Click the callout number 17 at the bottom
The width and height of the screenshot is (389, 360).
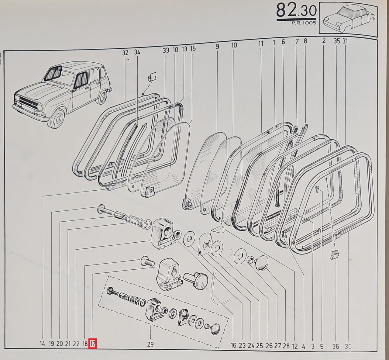pyautogui.click(x=92, y=344)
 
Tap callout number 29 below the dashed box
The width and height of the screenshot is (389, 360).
pyautogui.click(x=150, y=344)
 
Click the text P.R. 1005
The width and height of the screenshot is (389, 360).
pyautogui.click(x=304, y=23)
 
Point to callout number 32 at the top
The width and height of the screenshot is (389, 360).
pyautogui.click(x=125, y=53)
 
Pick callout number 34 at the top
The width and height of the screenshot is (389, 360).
pyautogui.click(x=137, y=52)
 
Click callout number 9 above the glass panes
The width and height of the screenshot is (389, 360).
pyautogui.click(x=217, y=47)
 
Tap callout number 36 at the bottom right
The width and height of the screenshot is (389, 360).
pyautogui.click(x=336, y=347)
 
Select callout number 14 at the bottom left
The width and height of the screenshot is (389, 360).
pyautogui.click(x=42, y=344)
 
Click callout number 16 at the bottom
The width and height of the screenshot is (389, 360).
pyautogui.click(x=234, y=345)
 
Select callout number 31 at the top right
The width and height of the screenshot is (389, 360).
pyautogui.click(x=345, y=41)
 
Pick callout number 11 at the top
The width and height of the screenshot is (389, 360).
pyautogui.click(x=261, y=43)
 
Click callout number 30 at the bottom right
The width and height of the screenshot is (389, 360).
pyautogui.click(x=348, y=347)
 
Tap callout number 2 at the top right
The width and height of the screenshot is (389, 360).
pyautogui.click(x=324, y=40)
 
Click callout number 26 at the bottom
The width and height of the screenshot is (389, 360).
pyautogui.click(x=269, y=346)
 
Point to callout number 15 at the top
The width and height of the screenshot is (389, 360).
pyautogui.click(x=193, y=48)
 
